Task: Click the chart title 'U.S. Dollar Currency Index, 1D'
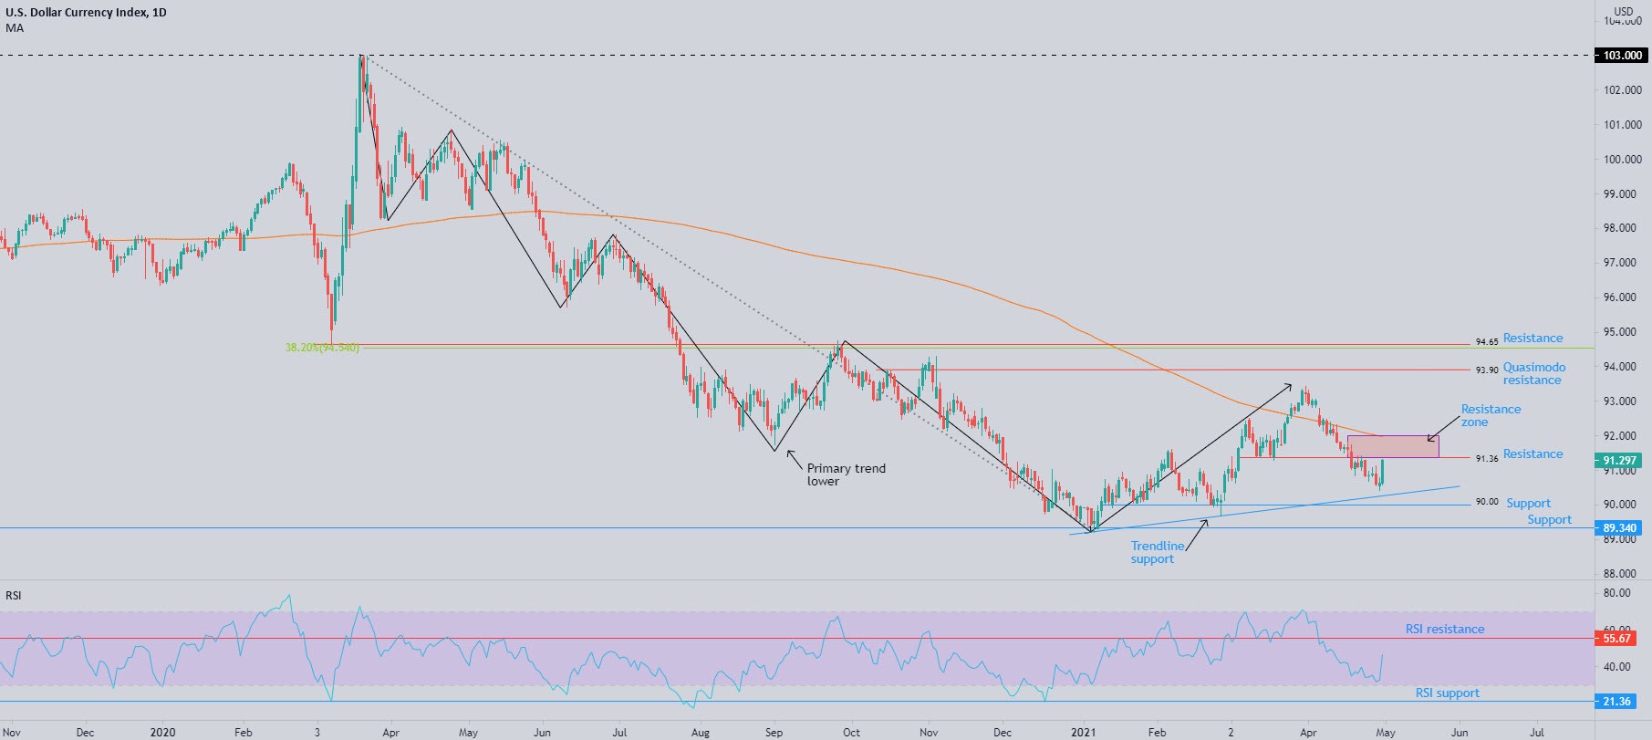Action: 83,13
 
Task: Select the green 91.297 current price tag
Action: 1620,461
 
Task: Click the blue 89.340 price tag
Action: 1620,528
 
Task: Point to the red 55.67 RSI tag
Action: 1616,639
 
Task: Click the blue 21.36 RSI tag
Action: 1616,702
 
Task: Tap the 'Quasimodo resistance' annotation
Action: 1534,373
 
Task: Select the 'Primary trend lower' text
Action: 846,474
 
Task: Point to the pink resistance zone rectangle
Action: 1392,446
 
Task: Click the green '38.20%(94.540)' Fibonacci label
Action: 321,348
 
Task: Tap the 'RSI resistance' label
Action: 1444,629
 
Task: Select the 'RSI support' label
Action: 1447,693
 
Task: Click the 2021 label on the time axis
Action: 1083,732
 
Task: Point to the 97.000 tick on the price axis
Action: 1623,263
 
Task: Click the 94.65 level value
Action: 1486,342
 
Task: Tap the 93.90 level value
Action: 1486,370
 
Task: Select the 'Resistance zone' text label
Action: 1491,415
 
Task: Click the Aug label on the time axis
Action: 700,732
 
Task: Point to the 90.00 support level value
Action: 1486,502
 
